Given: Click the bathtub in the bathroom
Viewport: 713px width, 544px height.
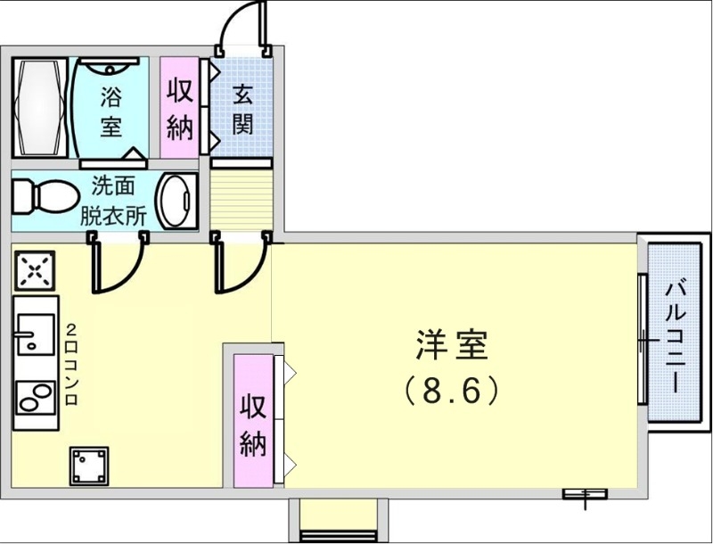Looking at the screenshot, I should [x=39, y=108].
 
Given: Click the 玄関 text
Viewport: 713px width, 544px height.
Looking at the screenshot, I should [x=242, y=109].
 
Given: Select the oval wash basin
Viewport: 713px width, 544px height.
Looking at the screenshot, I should [x=176, y=201].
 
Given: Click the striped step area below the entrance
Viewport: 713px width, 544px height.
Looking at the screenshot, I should [x=241, y=198].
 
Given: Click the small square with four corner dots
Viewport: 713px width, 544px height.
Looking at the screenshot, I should [x=89, y=466].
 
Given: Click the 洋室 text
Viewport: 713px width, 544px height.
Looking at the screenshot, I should [x=452, y=345].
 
